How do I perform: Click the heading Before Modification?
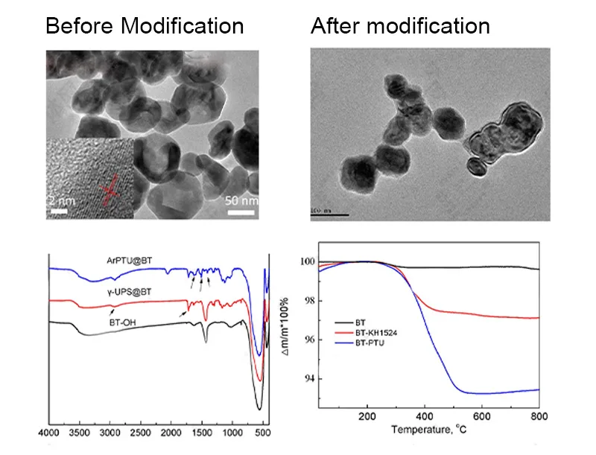click(x=145, y=26)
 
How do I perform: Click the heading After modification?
click(x=400, y=26)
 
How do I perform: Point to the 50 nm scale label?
click(x=242, y=201)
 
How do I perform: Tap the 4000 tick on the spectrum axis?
click(x=49, y=431)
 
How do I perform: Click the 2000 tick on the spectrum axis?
click(x=171, y=431)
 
